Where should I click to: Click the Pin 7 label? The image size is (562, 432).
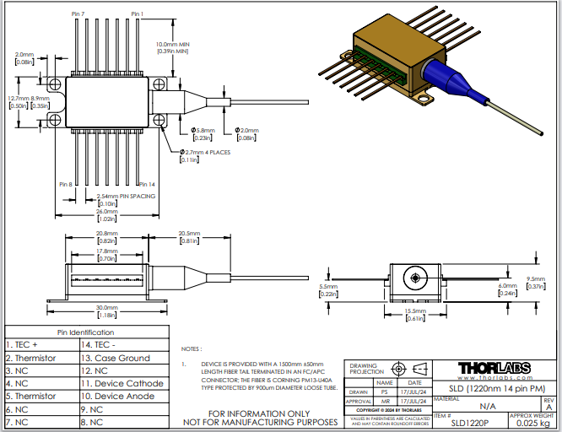tap(78, 14)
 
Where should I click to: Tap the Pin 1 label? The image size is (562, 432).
tap(138, 14)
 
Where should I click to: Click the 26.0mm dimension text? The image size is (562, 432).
tap(106, 212)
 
